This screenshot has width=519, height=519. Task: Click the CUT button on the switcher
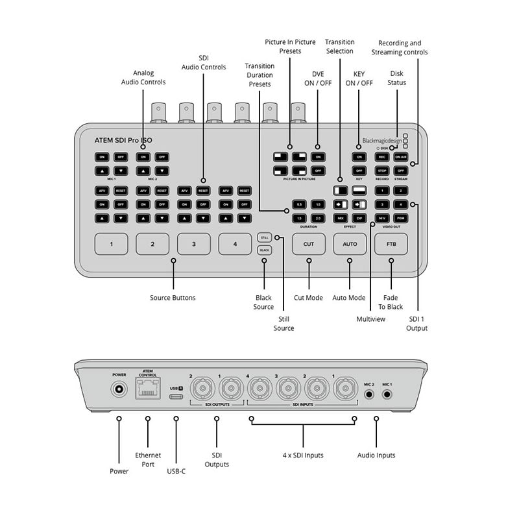(308, 244)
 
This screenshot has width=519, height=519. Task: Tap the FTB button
(391, 244)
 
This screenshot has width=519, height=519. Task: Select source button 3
(193, 244)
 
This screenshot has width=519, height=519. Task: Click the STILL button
(265, 237)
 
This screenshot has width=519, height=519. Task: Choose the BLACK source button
(265, 250)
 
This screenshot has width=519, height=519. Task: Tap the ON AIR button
(400, 157)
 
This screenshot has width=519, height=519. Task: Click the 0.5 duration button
(299, 204)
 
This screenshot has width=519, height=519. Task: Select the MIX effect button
(340, 218)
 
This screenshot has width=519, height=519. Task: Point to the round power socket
(119, 390)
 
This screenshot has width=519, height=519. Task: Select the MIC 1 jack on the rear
(387, 392)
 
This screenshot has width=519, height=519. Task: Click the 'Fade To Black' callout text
(391, 302)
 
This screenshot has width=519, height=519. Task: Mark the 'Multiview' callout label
(370, 319)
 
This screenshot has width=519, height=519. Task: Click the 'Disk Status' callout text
(397, 78)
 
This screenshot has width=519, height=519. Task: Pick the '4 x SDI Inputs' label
(302, 455)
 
